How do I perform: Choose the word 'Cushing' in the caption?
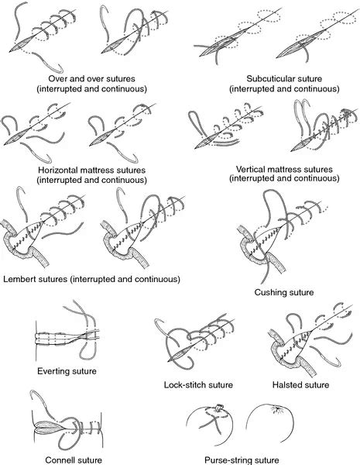272,294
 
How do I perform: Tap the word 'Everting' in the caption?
55,371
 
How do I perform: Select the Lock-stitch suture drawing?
194,345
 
